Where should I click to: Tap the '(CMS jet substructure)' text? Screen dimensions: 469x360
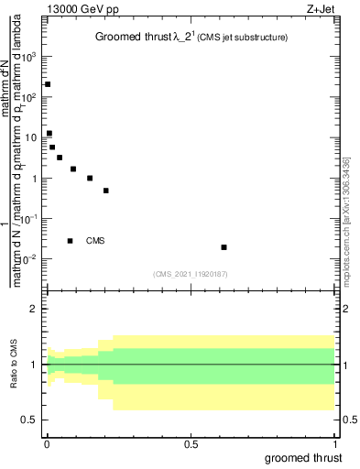tap(240, 38)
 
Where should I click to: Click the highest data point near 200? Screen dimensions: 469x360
tap(48, 84)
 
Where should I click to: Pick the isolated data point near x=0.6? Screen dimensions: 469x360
tap(224, 247)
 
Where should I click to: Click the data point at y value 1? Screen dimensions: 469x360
tap(90, 178)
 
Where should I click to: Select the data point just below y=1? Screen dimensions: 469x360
tap(106, 191)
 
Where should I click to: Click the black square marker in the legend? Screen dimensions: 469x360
tap(70, 241)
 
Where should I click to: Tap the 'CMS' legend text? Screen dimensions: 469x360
tap(95, 241)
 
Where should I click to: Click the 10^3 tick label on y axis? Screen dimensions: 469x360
tap(31, 57)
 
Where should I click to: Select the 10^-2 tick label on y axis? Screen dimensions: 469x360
tap(31, 259)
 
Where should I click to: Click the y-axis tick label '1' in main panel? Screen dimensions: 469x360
tap(35, 179)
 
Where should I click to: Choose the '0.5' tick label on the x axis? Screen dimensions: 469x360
tap(191, 445)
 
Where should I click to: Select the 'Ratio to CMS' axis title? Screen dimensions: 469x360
tap(12, 365)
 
